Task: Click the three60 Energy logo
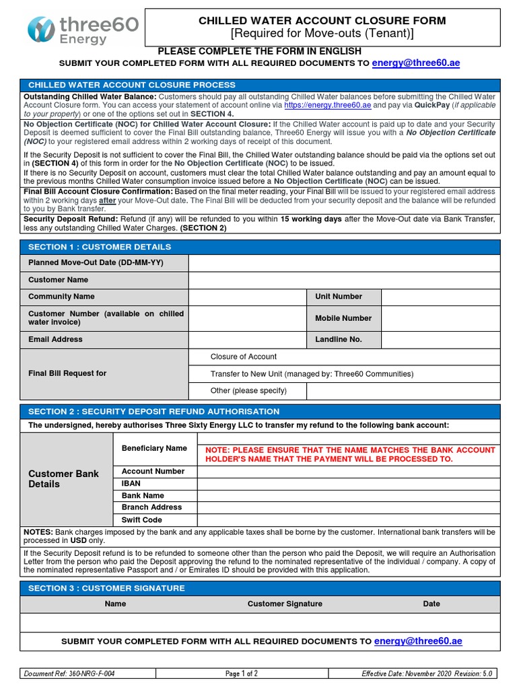[x=83, y=30]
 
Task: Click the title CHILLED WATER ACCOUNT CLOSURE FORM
[x=322, y=21]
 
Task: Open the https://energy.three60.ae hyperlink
[x=327, y=106]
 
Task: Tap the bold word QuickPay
[x=432, y=106]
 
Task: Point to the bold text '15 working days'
[x=311, y=219]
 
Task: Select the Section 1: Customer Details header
[x=100, y=247]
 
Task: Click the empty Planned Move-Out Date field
[x=345, y=262]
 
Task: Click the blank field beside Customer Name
[x=345, y=280]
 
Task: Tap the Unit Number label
[x=339, y=297]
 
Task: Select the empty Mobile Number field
[x=441, y=318]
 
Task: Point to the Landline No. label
[x=339, y=340]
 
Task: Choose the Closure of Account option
[x=243, y=357]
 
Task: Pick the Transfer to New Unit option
[x=312, y=374]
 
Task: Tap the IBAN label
[x=131, y=483]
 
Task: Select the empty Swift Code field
[x=349, y=519]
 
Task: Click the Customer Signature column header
[x=285, y=604]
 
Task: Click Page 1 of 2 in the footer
[x=241, y=674]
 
